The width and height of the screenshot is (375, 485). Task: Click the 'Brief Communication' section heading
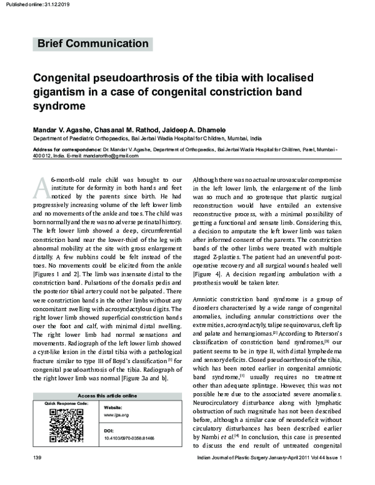click(93, 44)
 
